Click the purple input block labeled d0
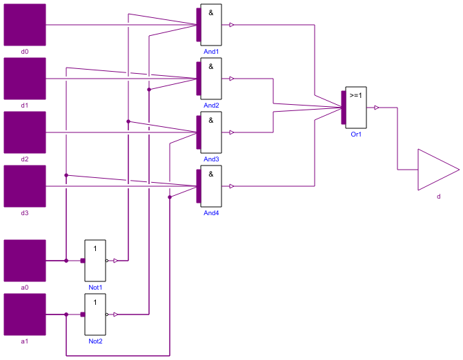[x=25, y=25]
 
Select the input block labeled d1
[x=25, y=79]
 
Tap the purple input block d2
[x=25, y=132]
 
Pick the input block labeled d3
[x=25, y=186]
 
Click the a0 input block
[x=25, y=261]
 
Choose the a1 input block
[x=25, y=314]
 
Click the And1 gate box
[x=211, y=25]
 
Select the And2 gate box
[x=211, y=79]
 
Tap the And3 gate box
[x=211, y=132]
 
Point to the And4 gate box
[x=211, y=186]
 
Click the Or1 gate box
[x=356, y=108]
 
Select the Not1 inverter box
[x=95, y=261]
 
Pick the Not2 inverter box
[x=95, y=314]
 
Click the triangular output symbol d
[x=435, y=170]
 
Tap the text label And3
[x=211, y=159]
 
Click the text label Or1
[x=356, y=134]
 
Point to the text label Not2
[x=95, y=341]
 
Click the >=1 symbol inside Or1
[x=355, y=96]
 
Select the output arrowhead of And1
[x=232, y=25]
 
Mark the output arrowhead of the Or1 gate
[x=376, y=108]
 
